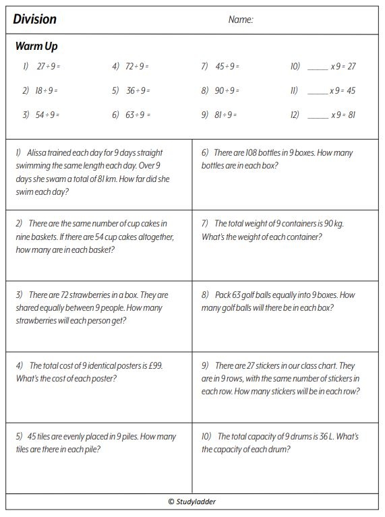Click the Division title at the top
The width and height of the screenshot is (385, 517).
point(35,20)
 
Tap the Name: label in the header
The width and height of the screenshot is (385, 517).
point(241,20)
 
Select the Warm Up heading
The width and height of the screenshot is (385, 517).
point(36,47)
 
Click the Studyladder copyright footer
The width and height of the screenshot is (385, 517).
point(192,501)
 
